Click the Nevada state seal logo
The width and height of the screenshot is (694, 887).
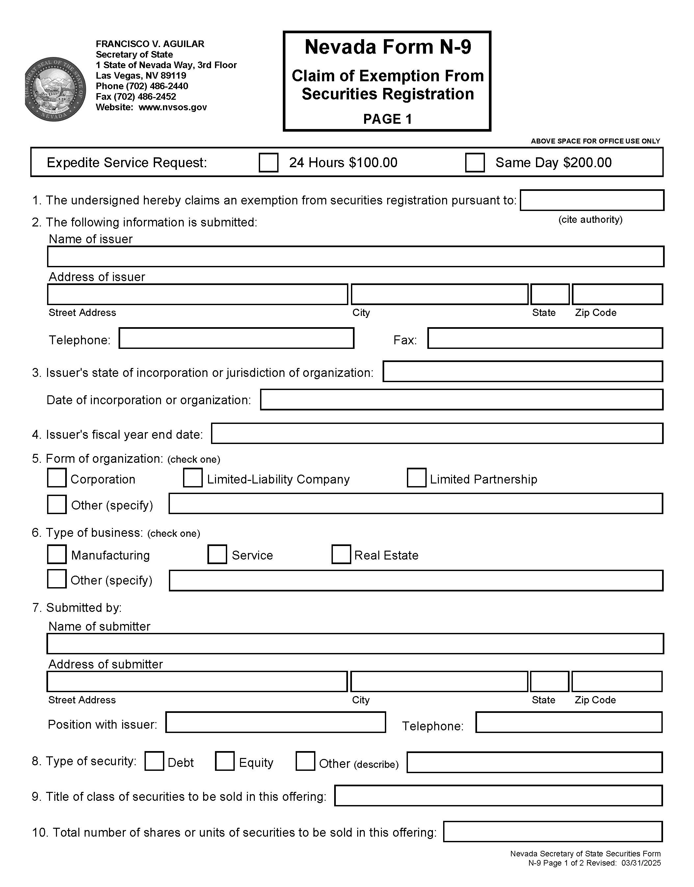click(x=55, y=89)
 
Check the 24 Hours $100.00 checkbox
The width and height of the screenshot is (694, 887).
click(x=268, y=163)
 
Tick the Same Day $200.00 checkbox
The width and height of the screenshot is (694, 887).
click(x=475, y=163)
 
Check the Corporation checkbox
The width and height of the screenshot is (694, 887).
click(x=57, y=478)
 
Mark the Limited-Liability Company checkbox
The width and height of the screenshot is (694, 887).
click(x=193, y=478)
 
